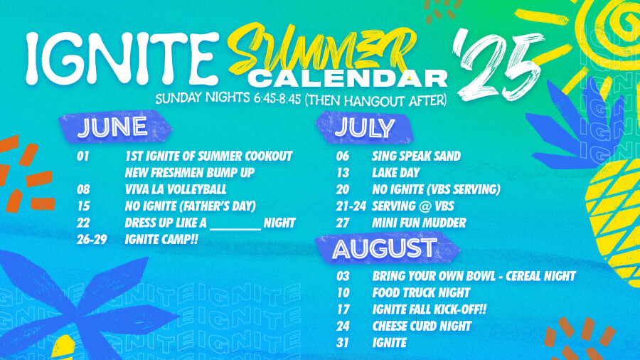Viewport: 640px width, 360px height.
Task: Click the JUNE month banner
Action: coord(115,127)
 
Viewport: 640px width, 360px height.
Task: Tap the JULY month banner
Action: coord(364,128)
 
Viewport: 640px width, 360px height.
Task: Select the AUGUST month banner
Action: coord(387,248)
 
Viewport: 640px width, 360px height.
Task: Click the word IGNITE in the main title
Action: coord(122,58)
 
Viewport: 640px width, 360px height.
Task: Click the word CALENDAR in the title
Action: coord(348,78)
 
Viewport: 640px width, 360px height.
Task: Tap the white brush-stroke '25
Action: coord(498,65)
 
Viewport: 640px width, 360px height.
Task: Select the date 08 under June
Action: coord(83,189)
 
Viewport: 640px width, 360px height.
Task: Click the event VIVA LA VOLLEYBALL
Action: coord(176,189)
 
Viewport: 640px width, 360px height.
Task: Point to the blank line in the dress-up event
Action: coord(235,229)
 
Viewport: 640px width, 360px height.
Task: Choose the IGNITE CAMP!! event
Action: coord(161,239)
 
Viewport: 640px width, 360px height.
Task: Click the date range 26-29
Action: coord(92,240)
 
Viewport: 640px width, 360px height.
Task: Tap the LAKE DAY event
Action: coord(396,173)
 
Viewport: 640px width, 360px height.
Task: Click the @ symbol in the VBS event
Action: coord(423,206)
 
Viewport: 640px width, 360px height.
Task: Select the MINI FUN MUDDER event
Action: coord(419,223)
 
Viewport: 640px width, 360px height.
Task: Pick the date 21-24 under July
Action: coord(351,206)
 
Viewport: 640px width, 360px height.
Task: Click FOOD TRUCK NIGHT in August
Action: coord(421,292)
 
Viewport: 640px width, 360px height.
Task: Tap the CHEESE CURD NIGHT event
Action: coord(422,326)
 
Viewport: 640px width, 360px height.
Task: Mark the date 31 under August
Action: coord(343,343)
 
